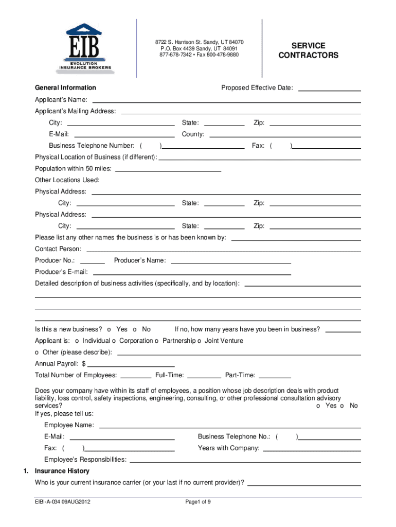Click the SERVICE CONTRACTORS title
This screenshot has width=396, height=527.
tap(309, 50)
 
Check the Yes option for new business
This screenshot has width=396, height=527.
tap(109, 329)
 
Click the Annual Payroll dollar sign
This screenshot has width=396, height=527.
tap(83, 364)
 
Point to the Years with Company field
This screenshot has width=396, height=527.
tap(312, 449)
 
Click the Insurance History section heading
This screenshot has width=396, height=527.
tap(62, 471)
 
